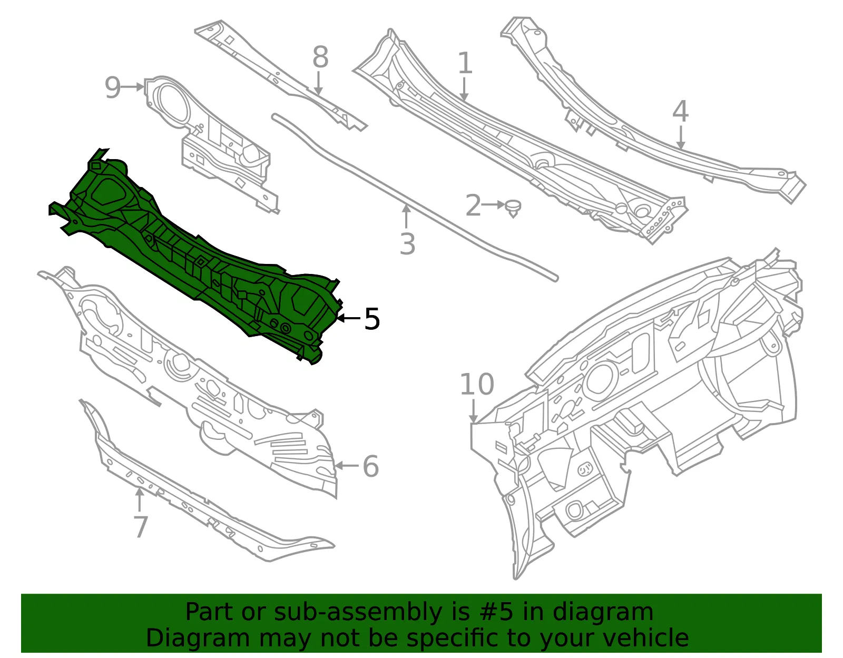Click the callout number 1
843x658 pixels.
[465, 63]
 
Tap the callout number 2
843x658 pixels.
[473, 205]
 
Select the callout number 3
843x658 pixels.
[407, 244]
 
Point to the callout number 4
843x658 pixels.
[680, 111]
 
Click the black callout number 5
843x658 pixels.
[371, 319]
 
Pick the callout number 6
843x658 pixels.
[370, 466]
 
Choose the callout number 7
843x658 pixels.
[141, 527]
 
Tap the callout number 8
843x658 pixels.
[320, 57]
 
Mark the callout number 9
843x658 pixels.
[113, 87]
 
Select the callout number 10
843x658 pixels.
[477, 384]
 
